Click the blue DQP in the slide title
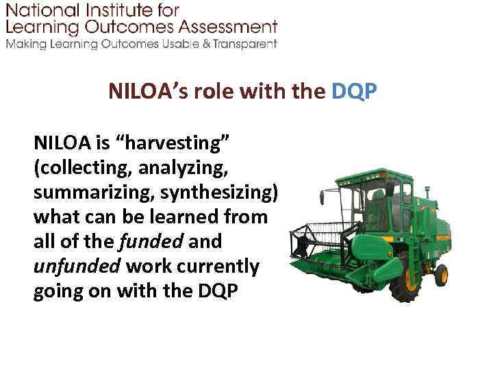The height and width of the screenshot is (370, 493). [353, 92]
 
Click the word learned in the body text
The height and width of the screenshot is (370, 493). [192, 217]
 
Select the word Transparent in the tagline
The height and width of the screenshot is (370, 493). [244, 44]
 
